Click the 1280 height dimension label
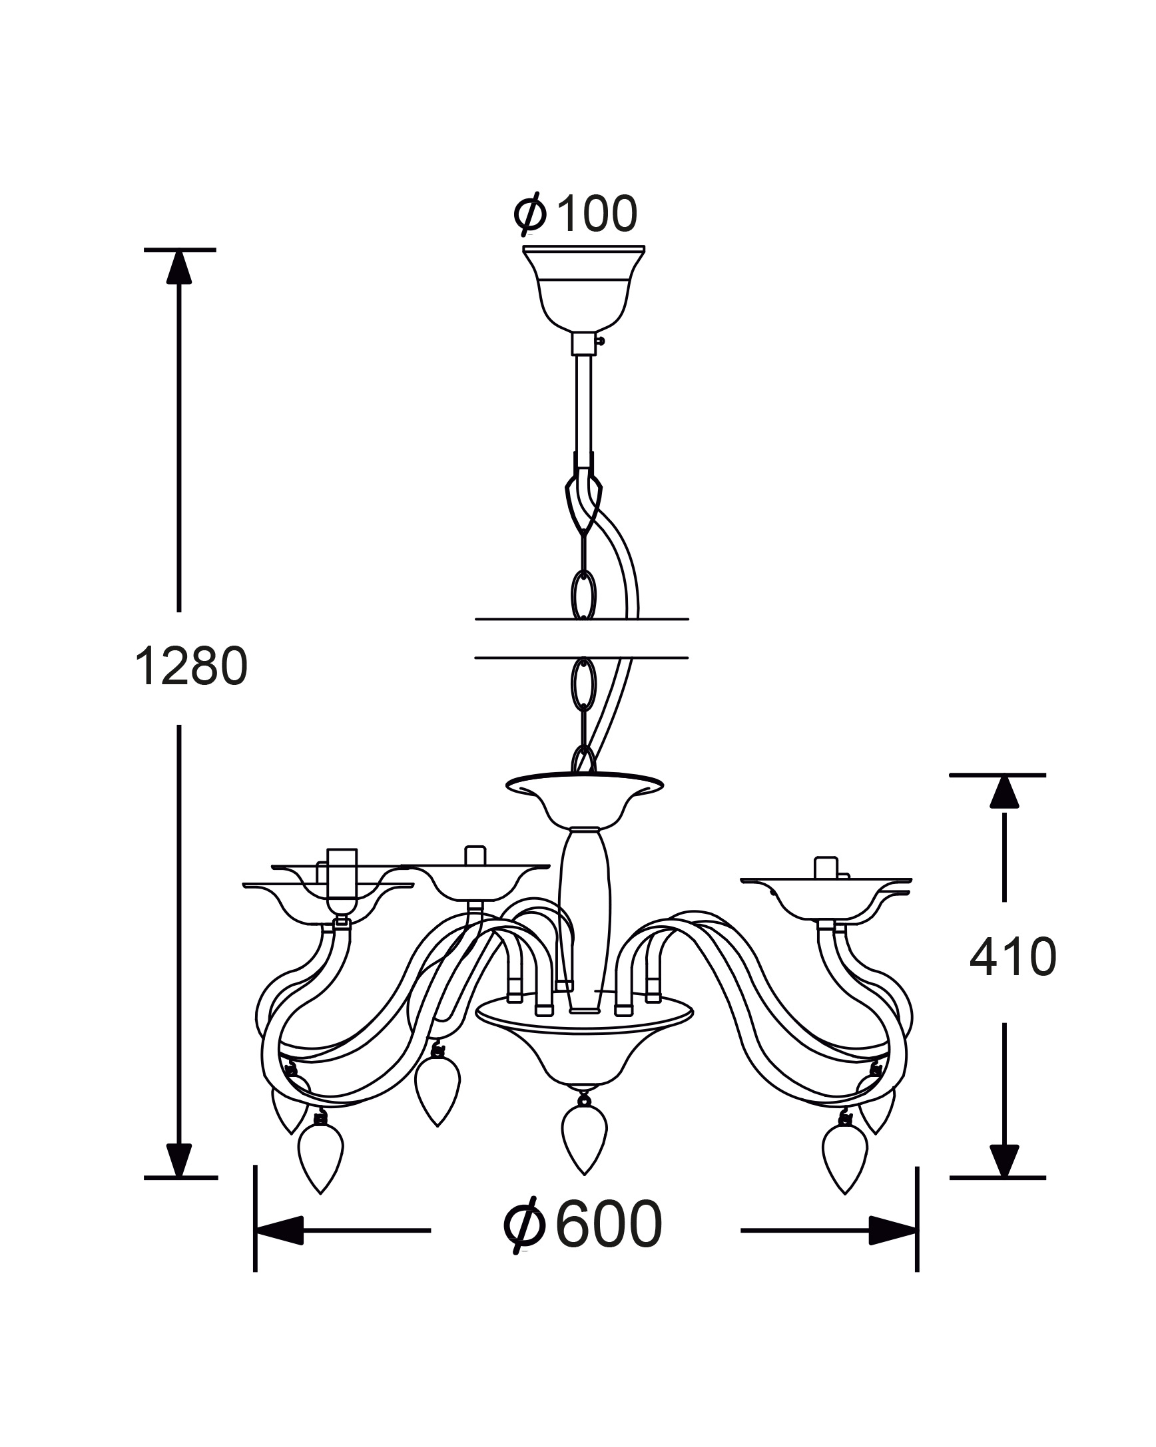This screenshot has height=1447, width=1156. pos(191,667)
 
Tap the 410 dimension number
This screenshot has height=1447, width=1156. pos(1012,956)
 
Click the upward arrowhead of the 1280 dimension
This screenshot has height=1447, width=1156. pos(179,266)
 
